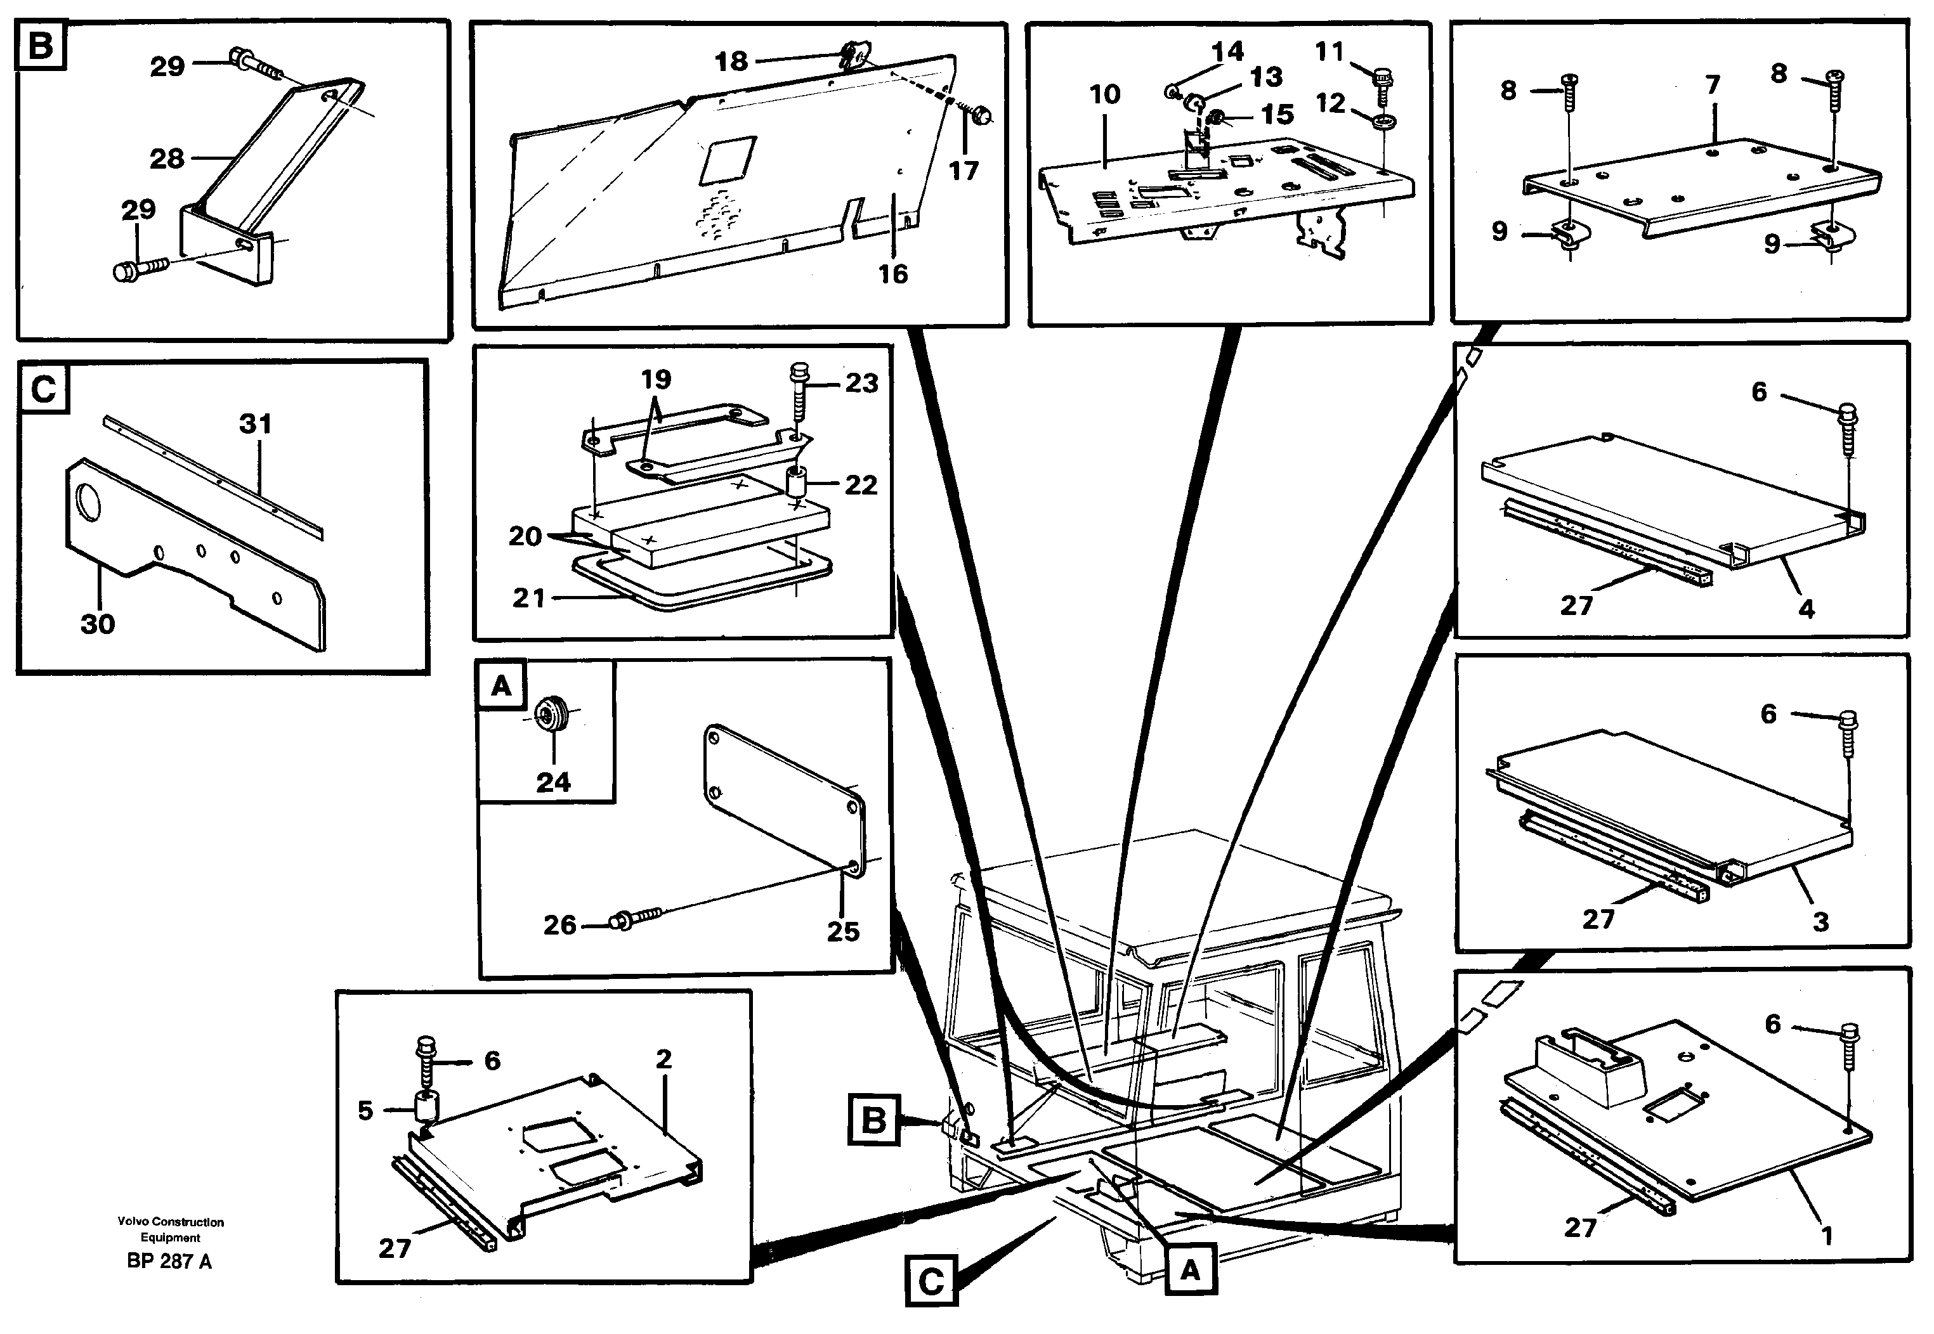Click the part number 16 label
point(892,273)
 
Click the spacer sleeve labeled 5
point(428,1108)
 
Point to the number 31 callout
point(255,425)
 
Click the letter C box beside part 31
point(42,389)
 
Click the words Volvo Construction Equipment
point(171,1229)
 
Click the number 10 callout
point(1104,94)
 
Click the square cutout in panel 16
point(728,160)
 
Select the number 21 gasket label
point(528,598)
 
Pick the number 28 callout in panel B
point(166,158)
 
